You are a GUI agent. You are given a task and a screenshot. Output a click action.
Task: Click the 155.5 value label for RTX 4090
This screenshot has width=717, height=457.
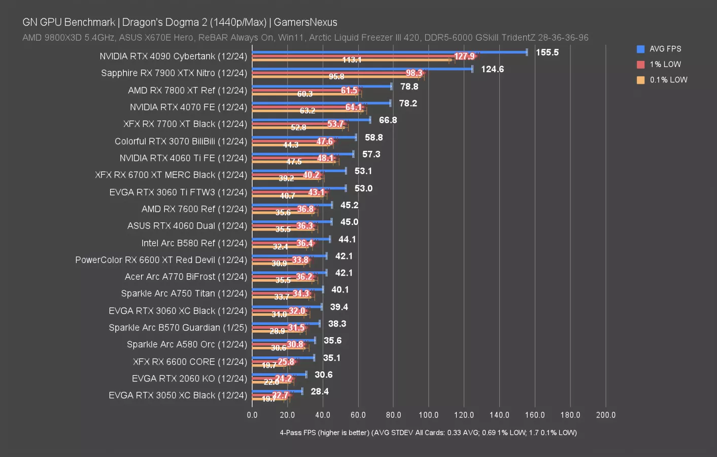coord(547,52)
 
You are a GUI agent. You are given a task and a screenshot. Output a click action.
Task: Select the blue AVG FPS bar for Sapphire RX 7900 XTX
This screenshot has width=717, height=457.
coord(362,69)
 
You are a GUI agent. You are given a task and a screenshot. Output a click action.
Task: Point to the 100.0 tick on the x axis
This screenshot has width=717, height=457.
coord(429,415)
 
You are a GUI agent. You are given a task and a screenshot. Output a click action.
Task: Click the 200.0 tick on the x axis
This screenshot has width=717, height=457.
coord(605,415)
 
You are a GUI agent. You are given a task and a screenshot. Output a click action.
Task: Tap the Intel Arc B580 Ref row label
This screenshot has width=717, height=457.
coord(194,243)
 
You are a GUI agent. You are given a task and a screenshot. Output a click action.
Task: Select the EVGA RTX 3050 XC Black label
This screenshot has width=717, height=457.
coord(178,395)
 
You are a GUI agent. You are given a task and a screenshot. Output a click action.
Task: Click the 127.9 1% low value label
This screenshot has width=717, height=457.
coord(464,56)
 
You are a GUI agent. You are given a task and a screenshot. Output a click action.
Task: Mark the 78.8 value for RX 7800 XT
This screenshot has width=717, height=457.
coord(409,86)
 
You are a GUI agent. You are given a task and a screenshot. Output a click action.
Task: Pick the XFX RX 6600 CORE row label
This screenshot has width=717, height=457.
coord(190,362)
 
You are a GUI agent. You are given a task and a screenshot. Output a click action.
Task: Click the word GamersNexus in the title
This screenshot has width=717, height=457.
coord(305,22)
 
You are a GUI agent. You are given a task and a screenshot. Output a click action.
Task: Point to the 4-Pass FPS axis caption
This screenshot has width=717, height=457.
coord(428,433)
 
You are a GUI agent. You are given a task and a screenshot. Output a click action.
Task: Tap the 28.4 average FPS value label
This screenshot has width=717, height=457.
coord(320,391)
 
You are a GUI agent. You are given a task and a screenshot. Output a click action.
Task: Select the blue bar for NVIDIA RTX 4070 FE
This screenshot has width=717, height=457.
coord(321,103)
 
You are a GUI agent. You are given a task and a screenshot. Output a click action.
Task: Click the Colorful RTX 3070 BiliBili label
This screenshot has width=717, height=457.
coord(181,141)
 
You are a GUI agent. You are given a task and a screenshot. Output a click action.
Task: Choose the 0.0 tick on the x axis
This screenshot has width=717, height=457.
coord(252,415)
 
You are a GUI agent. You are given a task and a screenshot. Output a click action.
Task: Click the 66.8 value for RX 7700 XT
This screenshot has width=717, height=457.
coord(388,120)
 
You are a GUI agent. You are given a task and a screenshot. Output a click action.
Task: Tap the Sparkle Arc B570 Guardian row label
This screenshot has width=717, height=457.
coord(178,328)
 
